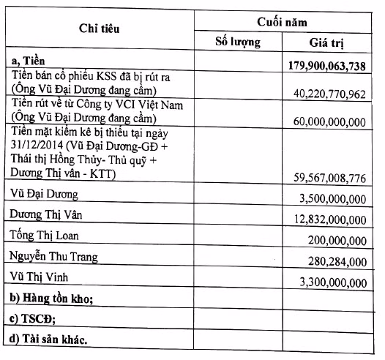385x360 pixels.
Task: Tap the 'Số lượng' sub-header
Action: click(238, 41)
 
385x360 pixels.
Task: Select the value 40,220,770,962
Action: click(332, 94)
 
